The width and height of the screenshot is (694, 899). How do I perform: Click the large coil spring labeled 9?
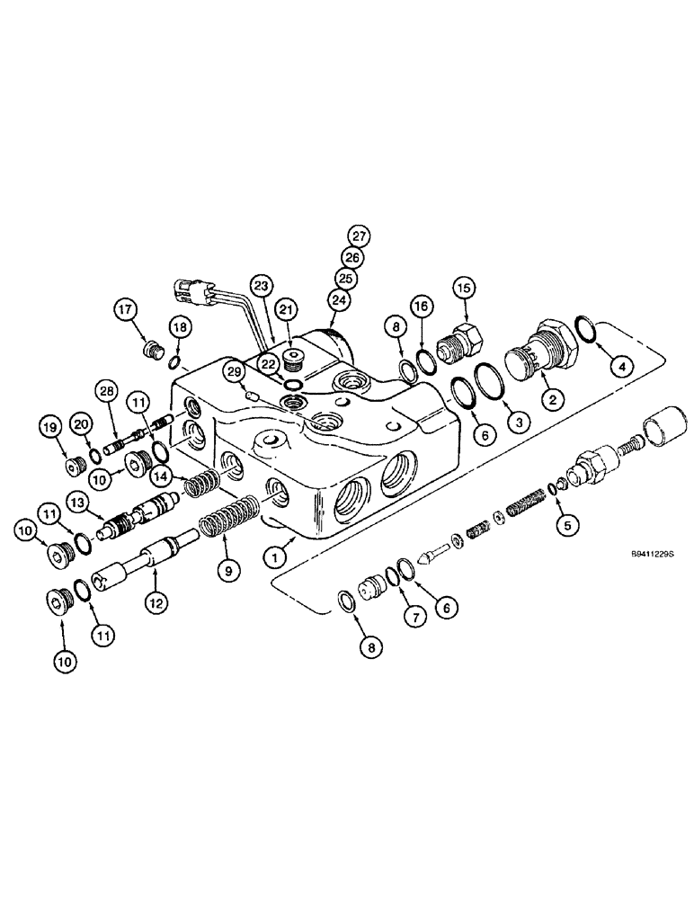(x=225, y=522)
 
